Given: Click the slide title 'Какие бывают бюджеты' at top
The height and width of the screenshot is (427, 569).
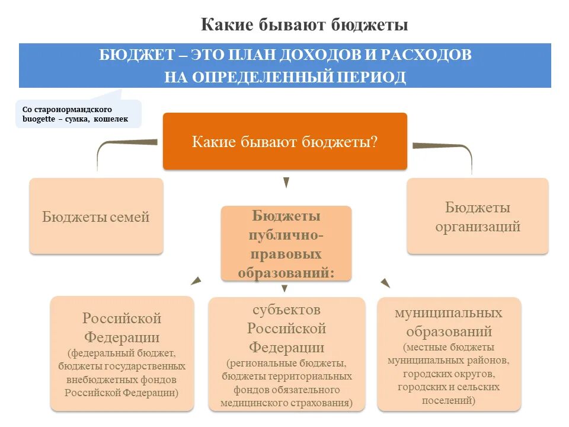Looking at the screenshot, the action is tap(305, 25).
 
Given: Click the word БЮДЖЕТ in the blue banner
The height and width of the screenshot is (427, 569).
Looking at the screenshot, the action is tap(133, 55).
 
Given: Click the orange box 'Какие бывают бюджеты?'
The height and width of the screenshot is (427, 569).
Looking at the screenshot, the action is tap(285, 141).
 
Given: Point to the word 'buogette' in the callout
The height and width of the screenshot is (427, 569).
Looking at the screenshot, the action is tap(38, 119).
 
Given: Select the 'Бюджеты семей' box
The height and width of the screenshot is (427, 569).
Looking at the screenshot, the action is tap(96, 216).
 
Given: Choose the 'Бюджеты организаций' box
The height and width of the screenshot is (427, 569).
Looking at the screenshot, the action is tap(478, 216).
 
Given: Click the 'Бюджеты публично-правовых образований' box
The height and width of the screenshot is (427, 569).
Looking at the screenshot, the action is tap(286, 243).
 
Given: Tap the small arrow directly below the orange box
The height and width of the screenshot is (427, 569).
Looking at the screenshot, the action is tap(286, 183).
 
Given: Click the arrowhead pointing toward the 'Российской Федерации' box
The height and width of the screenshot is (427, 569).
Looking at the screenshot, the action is tap(196, 281).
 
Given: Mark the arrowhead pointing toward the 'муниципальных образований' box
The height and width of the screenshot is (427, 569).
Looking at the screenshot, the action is tap(385, 283).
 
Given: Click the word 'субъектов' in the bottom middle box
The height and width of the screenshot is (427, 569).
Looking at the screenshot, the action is tap(286, 310).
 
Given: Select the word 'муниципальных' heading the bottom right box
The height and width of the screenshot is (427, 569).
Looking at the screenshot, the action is tap(449, 313).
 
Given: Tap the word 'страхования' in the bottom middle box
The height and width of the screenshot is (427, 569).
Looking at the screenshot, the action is tap(321, 403).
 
